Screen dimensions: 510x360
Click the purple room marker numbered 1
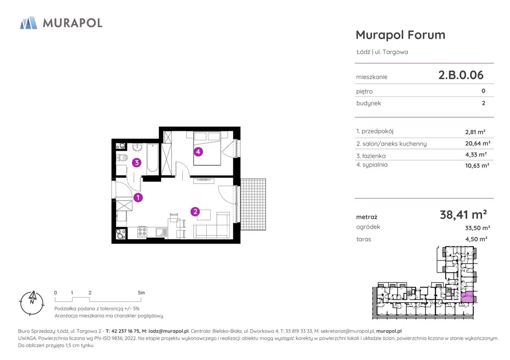(x=138, y=198)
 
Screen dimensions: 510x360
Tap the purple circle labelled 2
(x=195, y=212)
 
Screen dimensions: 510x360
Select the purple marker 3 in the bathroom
(x=137, y=163)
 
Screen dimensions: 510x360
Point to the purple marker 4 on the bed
(x=198, y=152)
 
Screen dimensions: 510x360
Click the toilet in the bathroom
(x=122, y=157)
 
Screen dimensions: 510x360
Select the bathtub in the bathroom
(x=153, y=158)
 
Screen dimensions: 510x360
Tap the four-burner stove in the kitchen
(x=142, y=232)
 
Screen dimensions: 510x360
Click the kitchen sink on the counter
(x=161, y=232)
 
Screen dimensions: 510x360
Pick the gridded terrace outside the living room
(x=253, y=204)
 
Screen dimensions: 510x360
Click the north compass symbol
(x=32, y=303)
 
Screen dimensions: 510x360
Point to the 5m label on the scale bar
(x=141, y=293)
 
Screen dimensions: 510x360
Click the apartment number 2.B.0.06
(x=461, y=75)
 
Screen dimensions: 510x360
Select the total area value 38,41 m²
(x=463, y=215)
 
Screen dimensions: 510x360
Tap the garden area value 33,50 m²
(x=477, y=228)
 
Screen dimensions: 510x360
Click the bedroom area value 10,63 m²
(x=477, y=165)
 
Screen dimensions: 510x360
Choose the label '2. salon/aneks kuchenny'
(x=391, y=144)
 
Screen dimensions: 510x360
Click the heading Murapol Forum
(x=400, y=35)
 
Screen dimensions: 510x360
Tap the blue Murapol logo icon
(x=29, y=23)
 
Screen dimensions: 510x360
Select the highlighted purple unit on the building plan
(x=467, y=297)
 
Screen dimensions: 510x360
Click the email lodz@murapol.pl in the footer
(x=169, y=331)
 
